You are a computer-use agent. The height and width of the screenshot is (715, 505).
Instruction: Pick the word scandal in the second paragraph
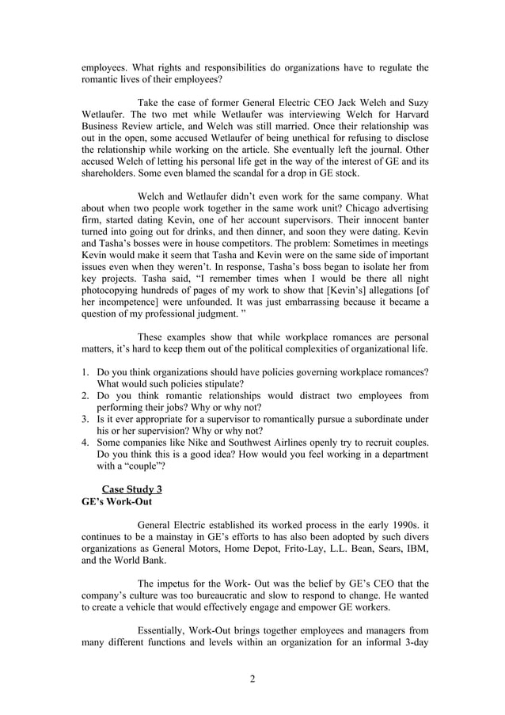click(252, 173)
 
